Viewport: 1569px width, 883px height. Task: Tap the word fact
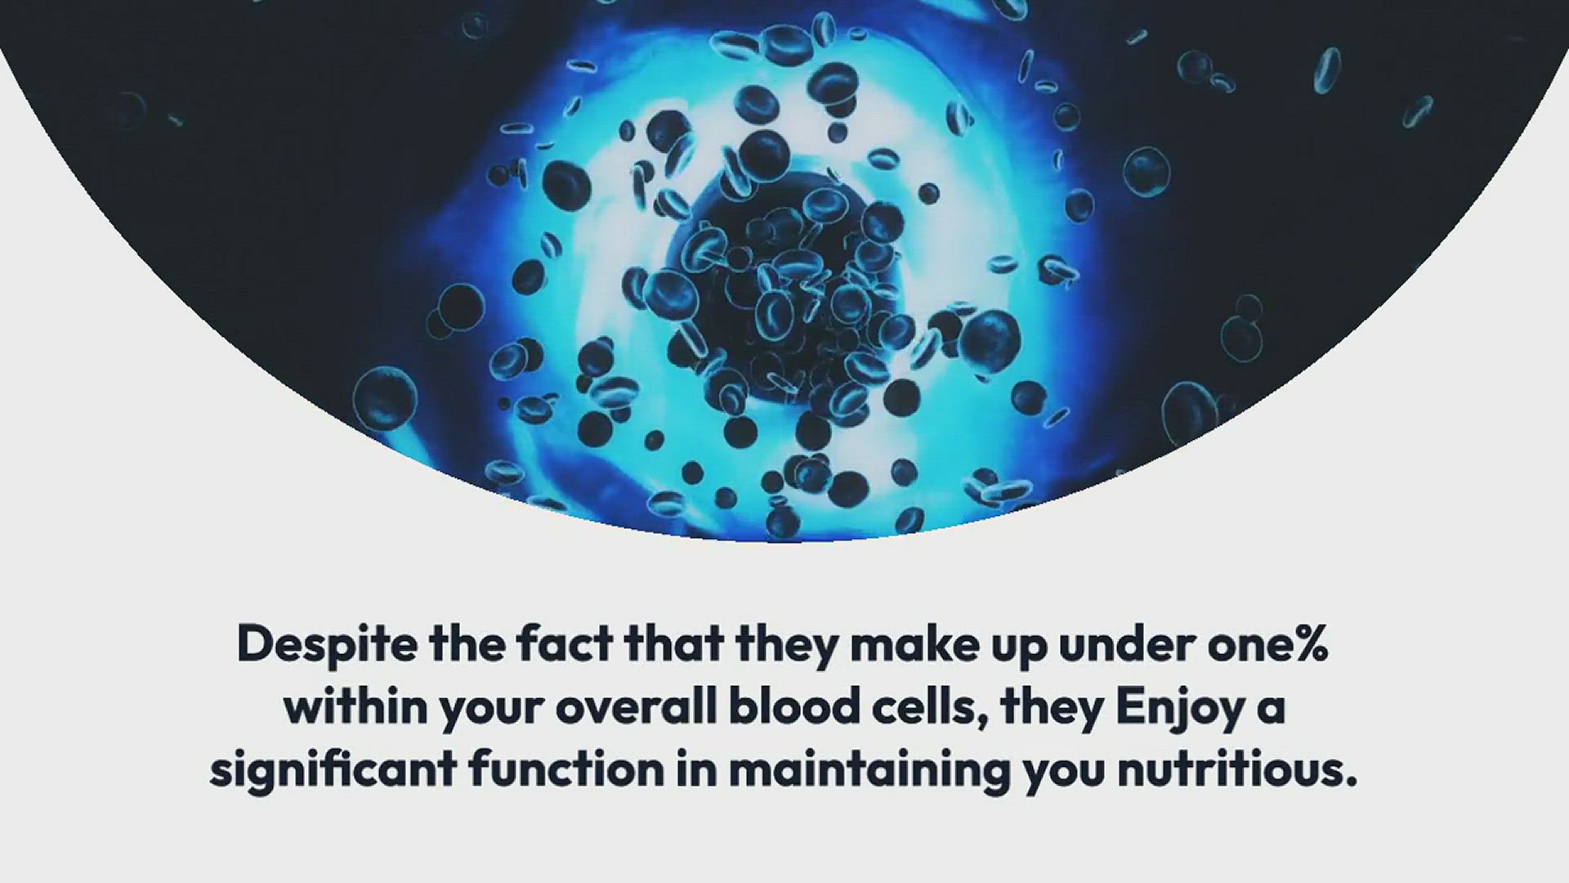pyautogui.click(x=565, y=643)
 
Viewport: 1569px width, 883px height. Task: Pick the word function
pyautogui.click(x=565, y=769)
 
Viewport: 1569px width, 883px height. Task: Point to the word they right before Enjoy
pyautogui.click(x=1052, y=710)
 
